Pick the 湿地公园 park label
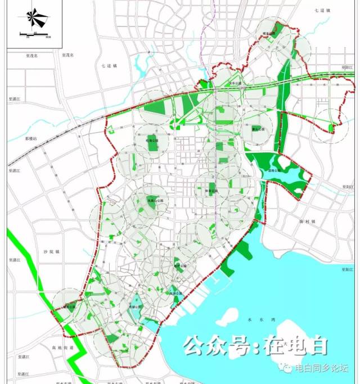click(274, 170)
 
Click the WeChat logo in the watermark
click(287, 369)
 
